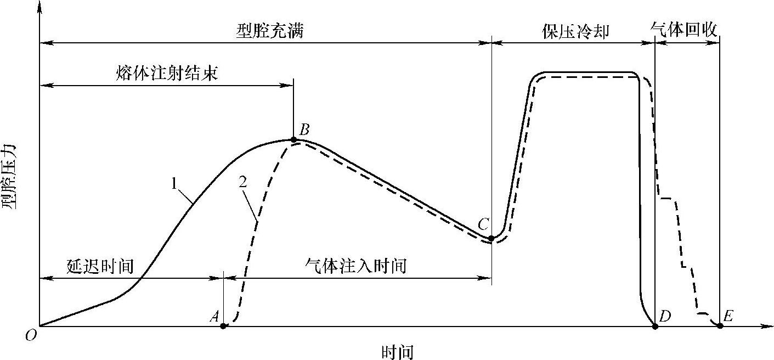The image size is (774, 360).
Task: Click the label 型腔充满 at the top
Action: click(269, 31)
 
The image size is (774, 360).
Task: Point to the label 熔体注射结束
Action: click(167, 74)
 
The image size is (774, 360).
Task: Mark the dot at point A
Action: click(223, 326)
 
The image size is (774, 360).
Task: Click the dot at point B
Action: click(294, 140)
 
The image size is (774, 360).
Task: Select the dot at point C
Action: click(491, 239)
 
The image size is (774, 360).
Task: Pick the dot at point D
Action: click(655, 326)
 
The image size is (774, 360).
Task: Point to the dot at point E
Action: click(720, 325)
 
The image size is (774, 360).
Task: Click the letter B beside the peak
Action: click(305, 130)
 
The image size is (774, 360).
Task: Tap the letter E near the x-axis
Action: click(728, 316)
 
